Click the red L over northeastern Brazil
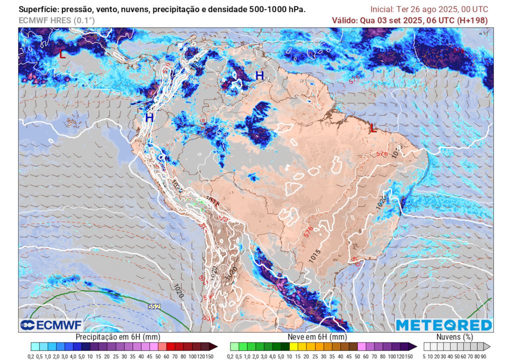pos(372,128)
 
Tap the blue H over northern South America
pos(259,75)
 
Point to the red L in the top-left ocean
pos(62,54)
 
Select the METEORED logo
pos(443,325)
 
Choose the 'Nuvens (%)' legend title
pos(455,337)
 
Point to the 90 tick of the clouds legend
pos(484,355)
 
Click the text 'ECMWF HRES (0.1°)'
pos(56,20)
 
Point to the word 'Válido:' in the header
pos(345,20)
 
